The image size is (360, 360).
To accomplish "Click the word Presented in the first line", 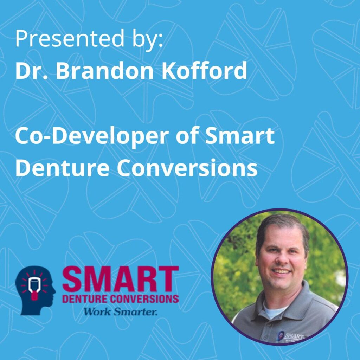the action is (70, 38).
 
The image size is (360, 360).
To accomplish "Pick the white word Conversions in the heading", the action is (187, 167).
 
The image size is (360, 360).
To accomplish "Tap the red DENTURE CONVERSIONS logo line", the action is (120, 299).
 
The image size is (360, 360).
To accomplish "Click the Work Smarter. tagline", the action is (120, 311).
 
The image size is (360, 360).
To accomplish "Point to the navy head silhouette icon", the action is (35, 290).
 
